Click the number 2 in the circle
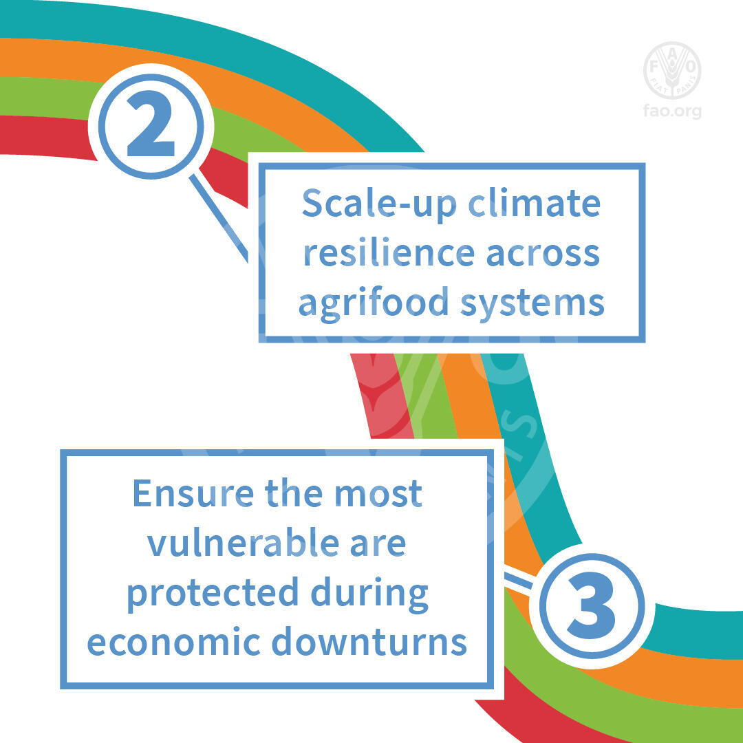[151, 124]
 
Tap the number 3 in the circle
[592, 605]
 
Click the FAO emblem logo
[672, 70]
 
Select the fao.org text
[672, 111]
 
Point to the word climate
[535, 203]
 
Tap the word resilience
[389, 252]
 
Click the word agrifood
[374, 303]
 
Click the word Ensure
[193, 493]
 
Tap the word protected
[213, 594]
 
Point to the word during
[369, 594]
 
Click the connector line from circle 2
[219, 219]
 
